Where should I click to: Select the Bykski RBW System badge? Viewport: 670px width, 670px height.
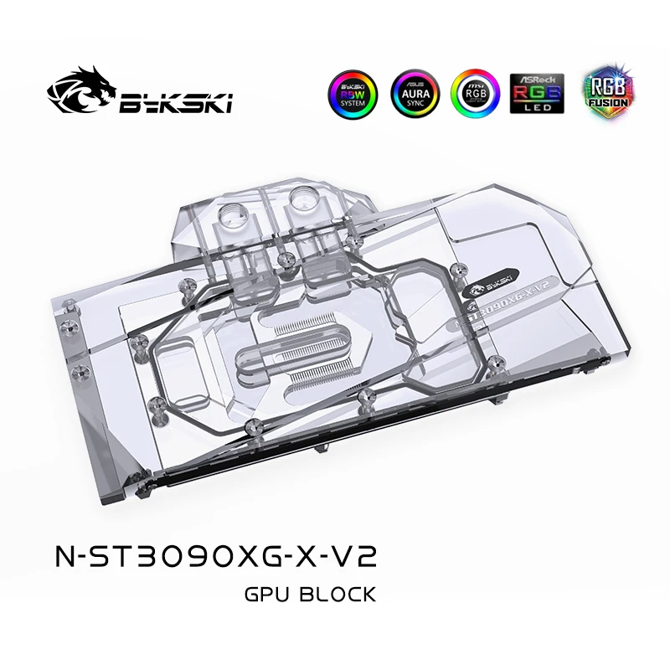tap(350, 94)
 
